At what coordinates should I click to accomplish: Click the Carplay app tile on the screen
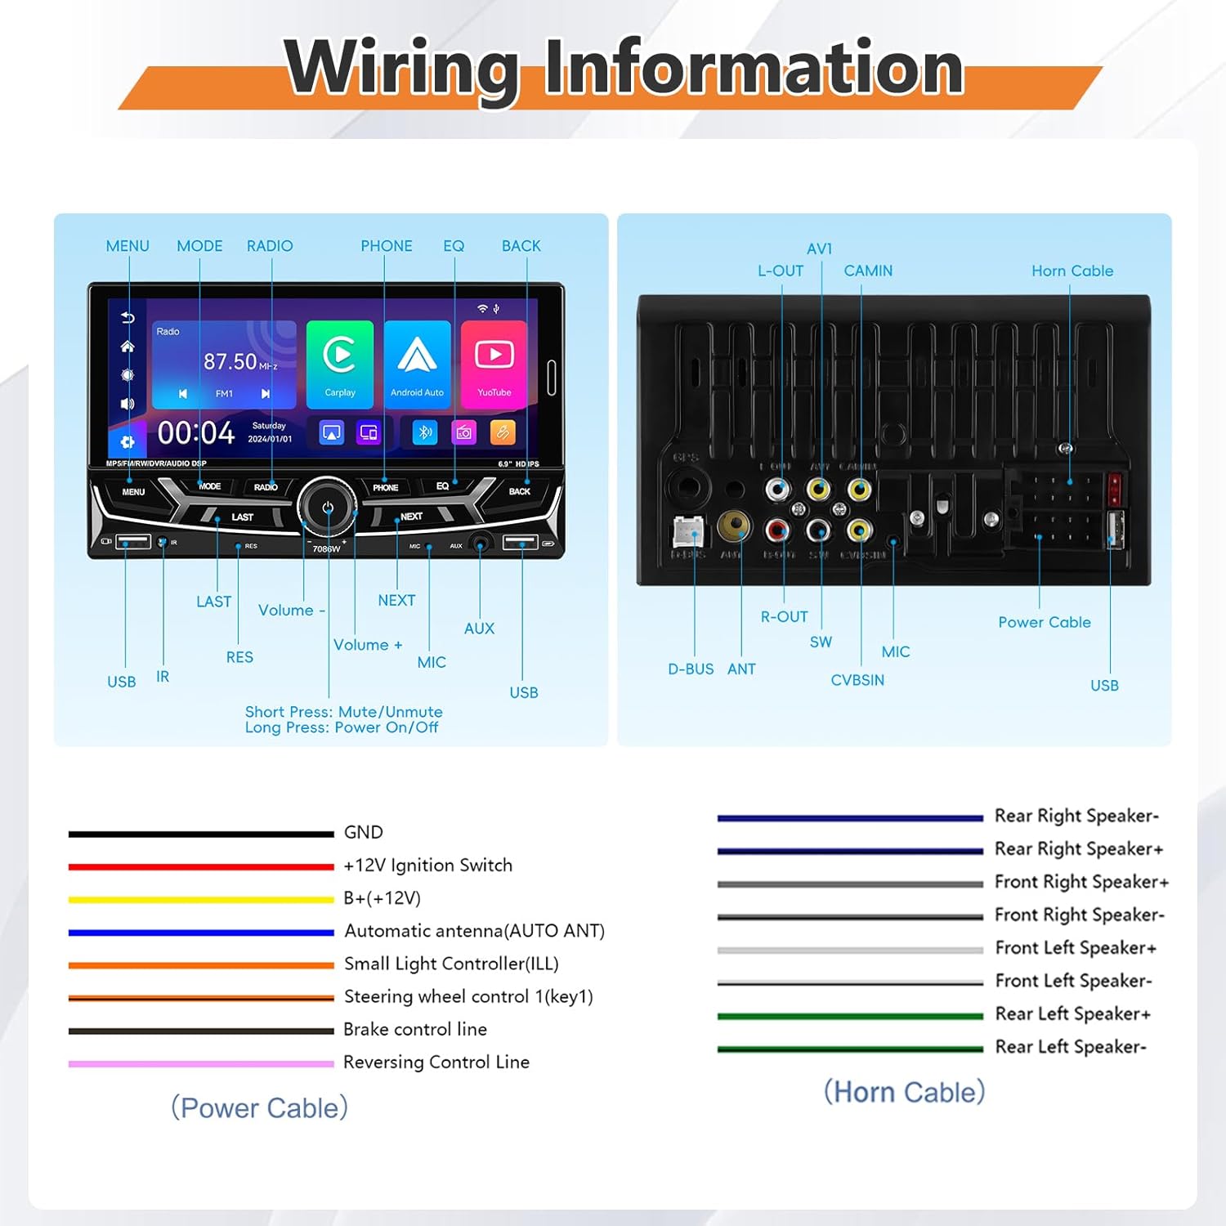(339, 363)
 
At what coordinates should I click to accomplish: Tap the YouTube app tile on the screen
(494, 363)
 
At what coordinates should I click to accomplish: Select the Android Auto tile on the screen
(417, 363)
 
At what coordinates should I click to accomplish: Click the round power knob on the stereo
(327, 507)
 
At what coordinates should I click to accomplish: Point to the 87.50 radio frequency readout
(230, 361)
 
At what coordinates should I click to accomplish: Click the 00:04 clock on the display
(196, 432)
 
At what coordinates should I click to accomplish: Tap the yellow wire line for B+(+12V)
(201, 899)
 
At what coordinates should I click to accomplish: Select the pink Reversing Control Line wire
(201, 1063)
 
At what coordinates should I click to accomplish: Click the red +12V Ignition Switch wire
(201, 866)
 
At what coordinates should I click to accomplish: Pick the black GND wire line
(201, 834)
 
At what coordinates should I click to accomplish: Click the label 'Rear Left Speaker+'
(1072, 1013)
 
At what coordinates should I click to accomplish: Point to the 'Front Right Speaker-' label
(1079, 915)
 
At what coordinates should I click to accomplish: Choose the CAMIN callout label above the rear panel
(868, 271)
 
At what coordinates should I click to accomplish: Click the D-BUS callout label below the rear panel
(691, 669)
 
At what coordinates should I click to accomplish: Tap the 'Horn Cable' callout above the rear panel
(1072, 271)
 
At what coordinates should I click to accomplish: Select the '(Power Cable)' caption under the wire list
(259, 1107)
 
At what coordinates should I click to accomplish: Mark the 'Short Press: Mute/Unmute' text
(343, 712)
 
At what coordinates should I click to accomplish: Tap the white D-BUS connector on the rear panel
(688, 532)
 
